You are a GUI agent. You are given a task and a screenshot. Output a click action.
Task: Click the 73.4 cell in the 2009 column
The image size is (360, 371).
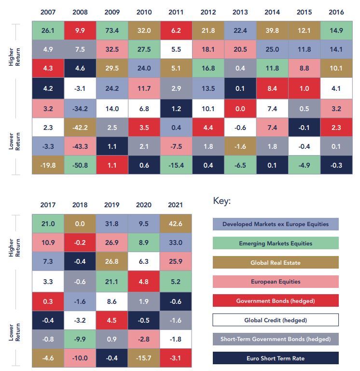click(x=112, y=30)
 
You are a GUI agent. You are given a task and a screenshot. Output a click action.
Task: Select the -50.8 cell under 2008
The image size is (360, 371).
click(x=80, y=165)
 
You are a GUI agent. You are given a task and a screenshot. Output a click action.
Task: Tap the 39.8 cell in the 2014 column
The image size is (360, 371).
click(x=272, y=30)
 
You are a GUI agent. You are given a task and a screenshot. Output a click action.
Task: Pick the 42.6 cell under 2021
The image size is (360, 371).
click(x=176, y=224)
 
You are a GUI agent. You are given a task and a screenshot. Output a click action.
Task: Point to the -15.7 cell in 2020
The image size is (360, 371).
click(x=144, y=358)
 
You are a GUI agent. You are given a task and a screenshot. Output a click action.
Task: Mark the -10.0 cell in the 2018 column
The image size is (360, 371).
click(x=80, y=358)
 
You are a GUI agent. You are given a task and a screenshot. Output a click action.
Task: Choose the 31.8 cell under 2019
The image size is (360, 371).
click(x=112, y=224)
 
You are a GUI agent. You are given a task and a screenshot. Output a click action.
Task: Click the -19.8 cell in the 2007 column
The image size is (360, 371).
click(x=48, y=165)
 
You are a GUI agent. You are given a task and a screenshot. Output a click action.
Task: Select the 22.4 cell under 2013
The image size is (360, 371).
click(x=240, y=30)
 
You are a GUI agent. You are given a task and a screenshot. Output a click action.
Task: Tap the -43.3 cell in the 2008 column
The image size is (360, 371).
click(x=80, y=146)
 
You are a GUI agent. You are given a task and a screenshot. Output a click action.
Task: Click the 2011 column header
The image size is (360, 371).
click(x=176, y=12)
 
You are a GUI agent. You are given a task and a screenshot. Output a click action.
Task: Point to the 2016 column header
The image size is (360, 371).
click(x=336, y=12)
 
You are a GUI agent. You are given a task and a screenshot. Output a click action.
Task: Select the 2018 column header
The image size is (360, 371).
click(x=80, y=205)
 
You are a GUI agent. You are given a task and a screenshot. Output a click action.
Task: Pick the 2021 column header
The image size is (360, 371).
click(x=175, y=205)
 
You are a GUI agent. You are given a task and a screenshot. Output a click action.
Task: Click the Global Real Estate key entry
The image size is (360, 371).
click(x=276, y=262)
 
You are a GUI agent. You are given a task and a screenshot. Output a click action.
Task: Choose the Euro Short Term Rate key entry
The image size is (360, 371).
click(x=276, y=358)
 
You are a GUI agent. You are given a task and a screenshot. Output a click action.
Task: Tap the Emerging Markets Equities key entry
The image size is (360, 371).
click(x=276, y=243)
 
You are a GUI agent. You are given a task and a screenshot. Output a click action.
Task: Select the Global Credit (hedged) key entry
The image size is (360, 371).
click(x=276, y=320)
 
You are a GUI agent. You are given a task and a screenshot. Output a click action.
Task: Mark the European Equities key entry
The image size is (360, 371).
click(x=276, y=282)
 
